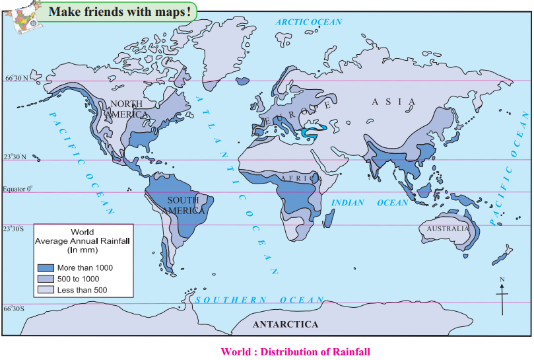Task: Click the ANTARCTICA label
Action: (x=285, y=324)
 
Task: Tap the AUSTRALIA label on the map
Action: (x=448, y=229)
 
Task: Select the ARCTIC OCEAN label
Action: (x=309, y=22)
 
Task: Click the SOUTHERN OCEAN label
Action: (x=259, y=300)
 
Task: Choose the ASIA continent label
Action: (x=393, y=102)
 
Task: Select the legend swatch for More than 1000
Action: (x=46, y=268)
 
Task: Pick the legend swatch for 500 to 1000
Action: (x=46, y=279)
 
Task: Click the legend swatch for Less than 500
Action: (x=46, y=289)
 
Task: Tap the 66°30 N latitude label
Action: (x=17, y=78)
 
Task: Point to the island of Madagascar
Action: (x=328, y=217)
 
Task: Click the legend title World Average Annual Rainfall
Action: (x=83, y=241)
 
